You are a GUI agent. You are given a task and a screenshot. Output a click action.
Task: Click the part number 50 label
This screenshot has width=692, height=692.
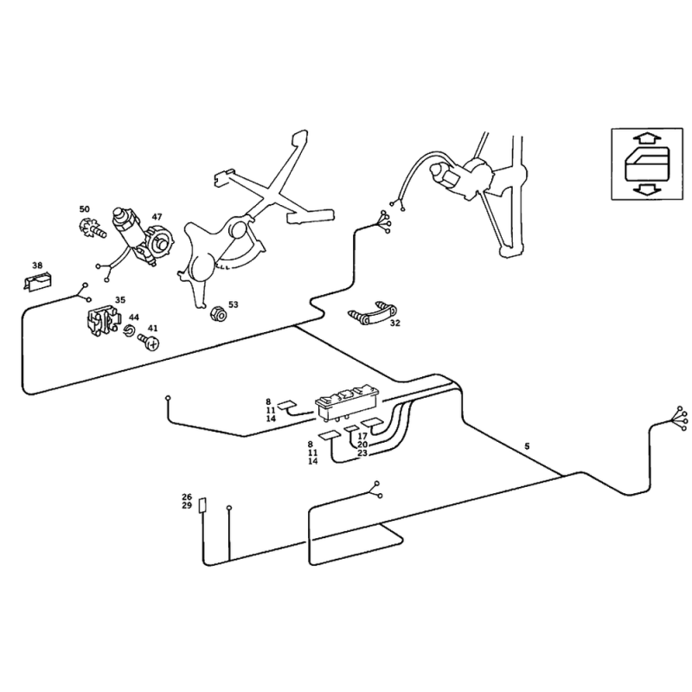[x=84, y=209]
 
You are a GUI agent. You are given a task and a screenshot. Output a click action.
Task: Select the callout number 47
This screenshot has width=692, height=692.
[x=157, y=217]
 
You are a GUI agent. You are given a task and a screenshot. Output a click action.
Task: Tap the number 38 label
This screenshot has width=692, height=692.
[x=37, y=266]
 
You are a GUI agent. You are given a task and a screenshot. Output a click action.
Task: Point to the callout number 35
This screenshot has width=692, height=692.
[x=120, y=299]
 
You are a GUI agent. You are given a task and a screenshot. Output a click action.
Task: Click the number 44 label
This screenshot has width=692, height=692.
[x=134, y=317]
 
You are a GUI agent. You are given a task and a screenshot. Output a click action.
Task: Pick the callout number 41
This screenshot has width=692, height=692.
[x=153, y=329]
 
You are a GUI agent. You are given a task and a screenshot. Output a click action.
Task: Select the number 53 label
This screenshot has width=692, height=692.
[x=233, y=304]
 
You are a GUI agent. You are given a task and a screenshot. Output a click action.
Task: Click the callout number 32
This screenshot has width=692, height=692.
[x=395, y=324]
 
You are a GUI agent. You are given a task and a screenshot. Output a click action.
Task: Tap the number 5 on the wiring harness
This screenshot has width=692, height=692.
[x=527, y=445]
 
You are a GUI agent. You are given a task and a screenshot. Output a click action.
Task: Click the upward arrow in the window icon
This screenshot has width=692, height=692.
[x=642, y=138]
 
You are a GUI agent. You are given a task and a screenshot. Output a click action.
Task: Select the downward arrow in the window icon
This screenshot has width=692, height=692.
[x=642, y=189]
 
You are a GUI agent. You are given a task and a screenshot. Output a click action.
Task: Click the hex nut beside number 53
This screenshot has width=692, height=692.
[x=219, y=311]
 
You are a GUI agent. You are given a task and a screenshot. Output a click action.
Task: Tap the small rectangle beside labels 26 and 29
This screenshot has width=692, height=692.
[x=202, y=506]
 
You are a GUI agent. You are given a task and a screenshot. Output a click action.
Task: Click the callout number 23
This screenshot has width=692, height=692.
[x=362, y=453]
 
